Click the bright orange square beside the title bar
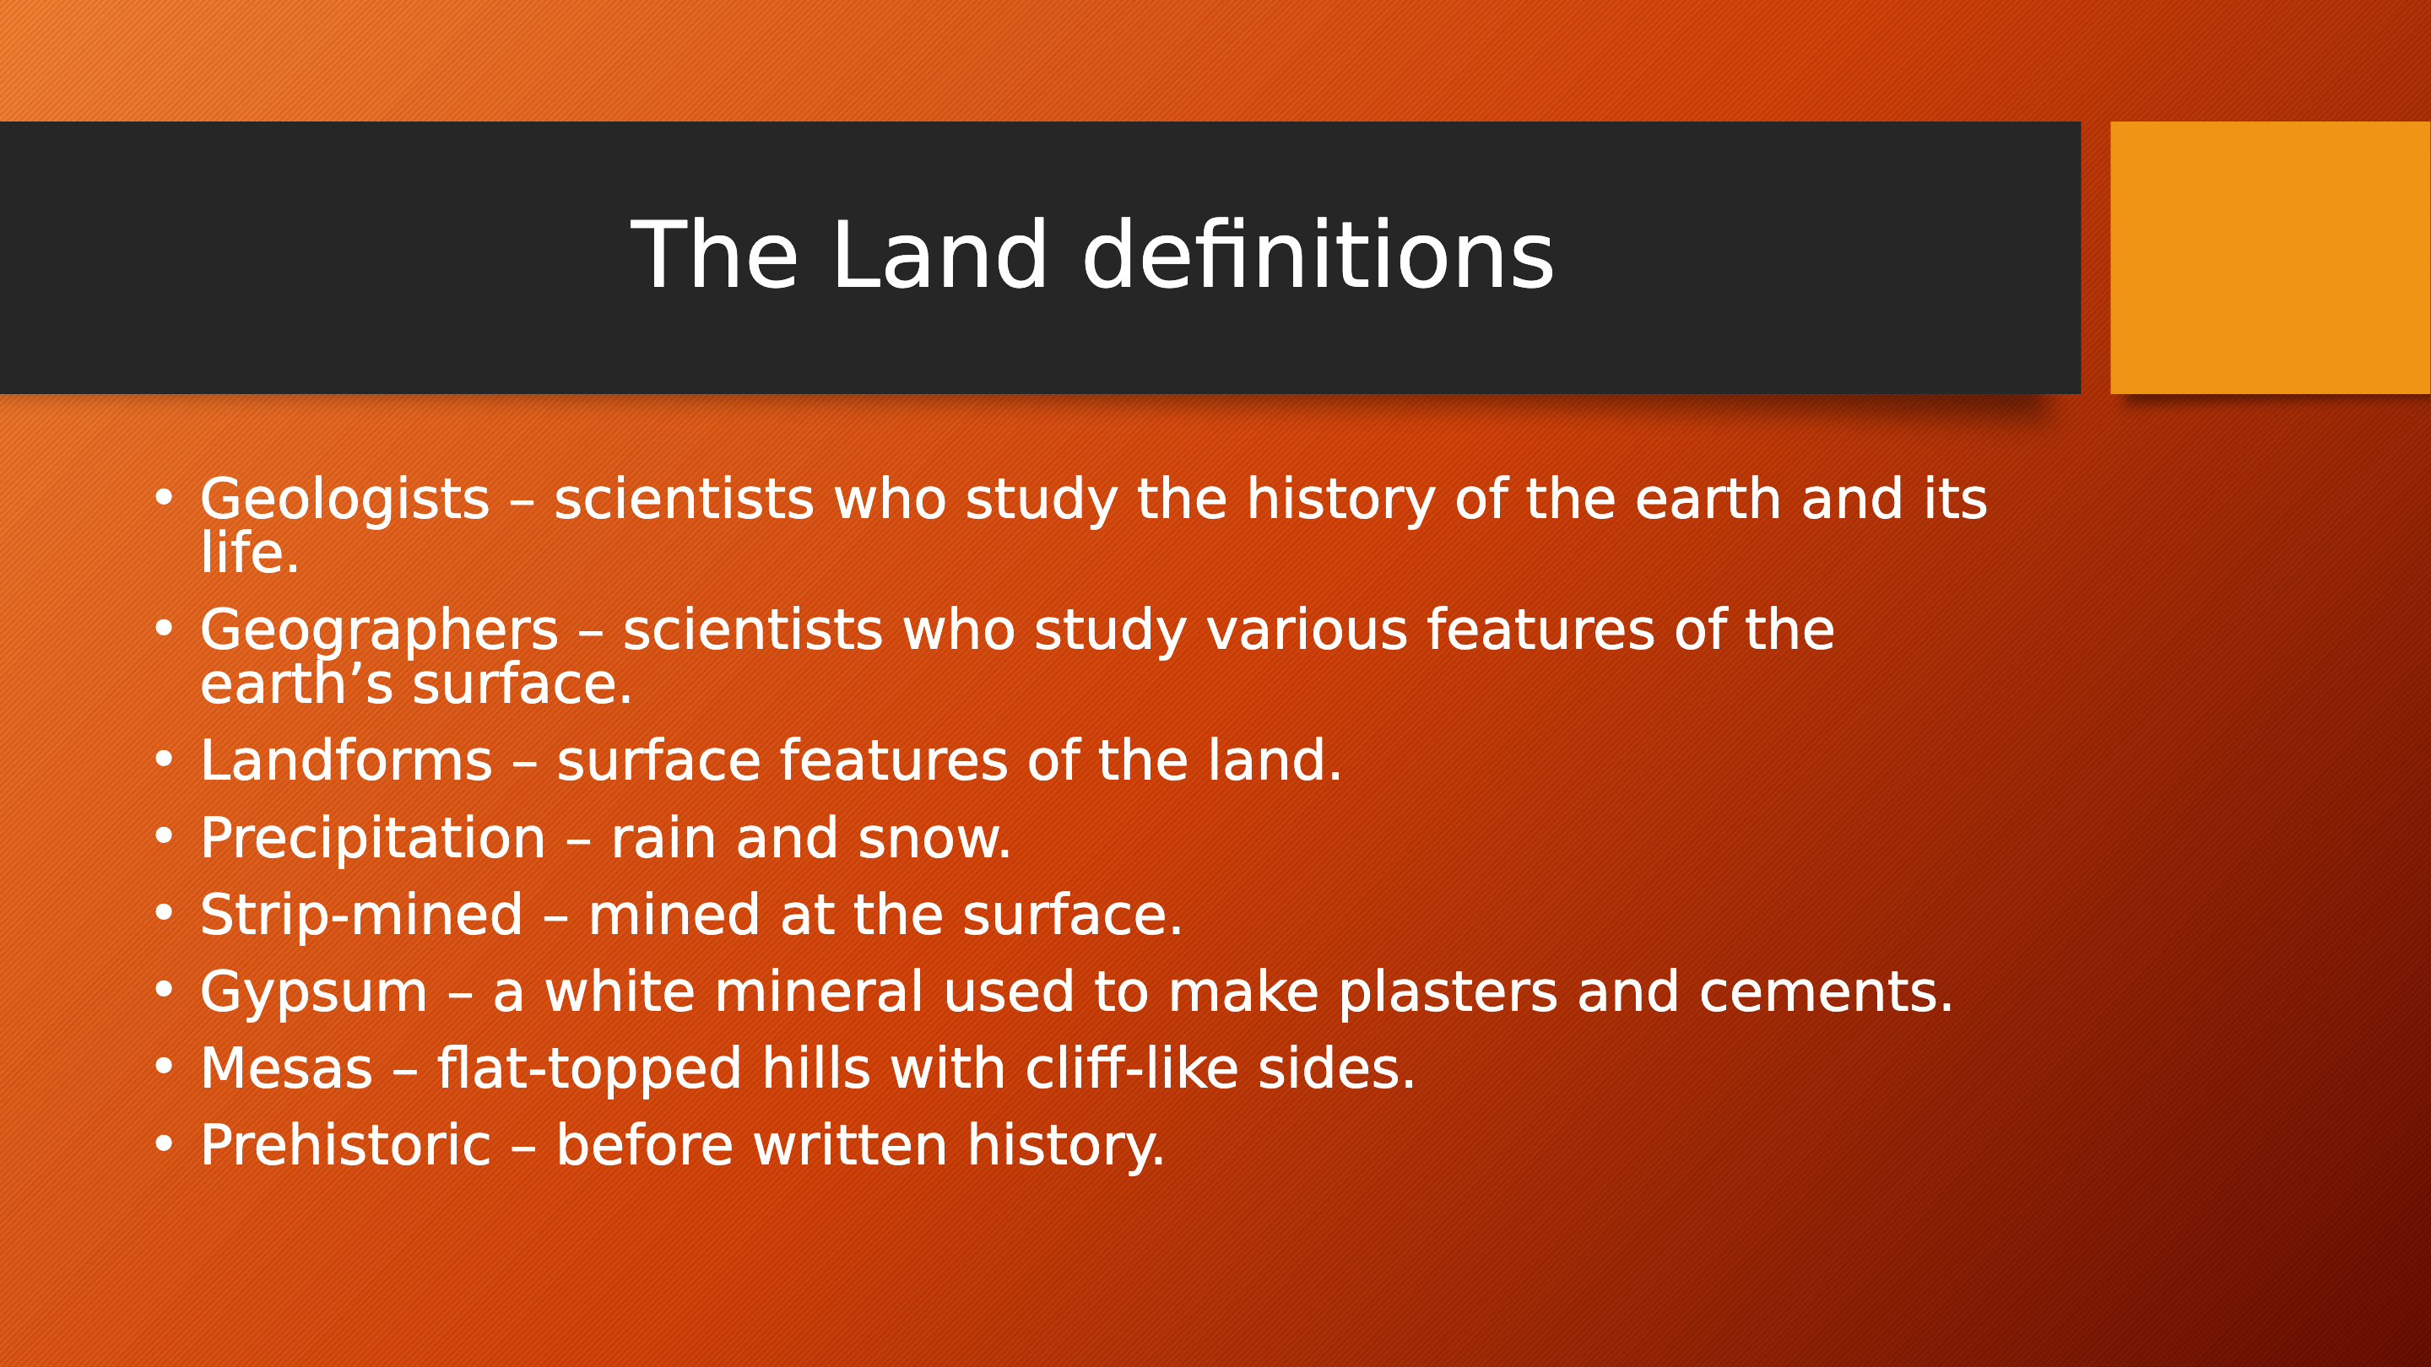tap(2270, 257)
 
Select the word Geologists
tap(344, 500)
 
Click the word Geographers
tap(379, 631)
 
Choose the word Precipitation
tap(373, 839)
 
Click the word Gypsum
tap(314, 993)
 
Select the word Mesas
tap(287, 1069)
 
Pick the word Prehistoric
tap(345, 1145)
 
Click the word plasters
tap(1448, 993)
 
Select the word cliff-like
tap(1131, 1068)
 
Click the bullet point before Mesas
tap(165, 1067)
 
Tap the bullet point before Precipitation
tap(165, 837)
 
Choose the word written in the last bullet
tap(850, 1145)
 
